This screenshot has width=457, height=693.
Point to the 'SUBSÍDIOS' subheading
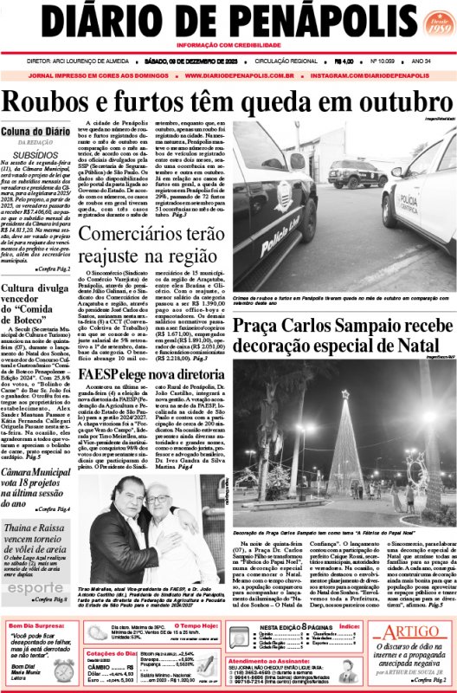pos(36,154)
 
